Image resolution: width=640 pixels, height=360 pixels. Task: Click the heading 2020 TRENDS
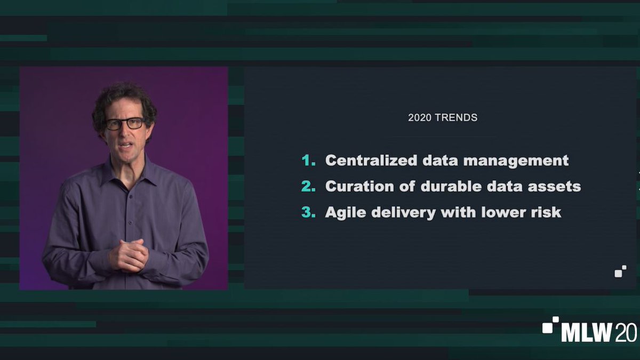442,118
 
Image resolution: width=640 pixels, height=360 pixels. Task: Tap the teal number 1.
307,161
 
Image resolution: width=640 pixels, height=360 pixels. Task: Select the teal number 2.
308,186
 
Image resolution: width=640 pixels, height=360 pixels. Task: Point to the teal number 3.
308,212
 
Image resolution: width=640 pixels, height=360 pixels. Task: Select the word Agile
343,212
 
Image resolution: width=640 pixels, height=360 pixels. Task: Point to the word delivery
400,212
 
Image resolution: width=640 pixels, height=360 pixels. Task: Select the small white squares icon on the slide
620,271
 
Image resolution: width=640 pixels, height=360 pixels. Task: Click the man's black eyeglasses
125,124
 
